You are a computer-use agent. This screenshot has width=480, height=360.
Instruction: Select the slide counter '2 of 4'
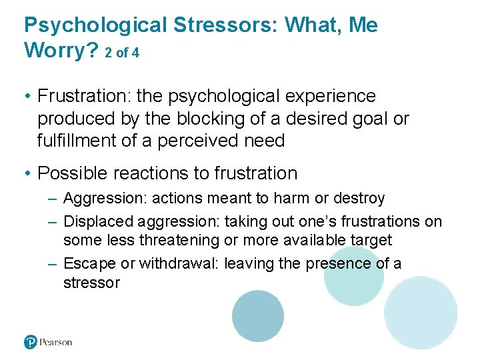pos(122,53)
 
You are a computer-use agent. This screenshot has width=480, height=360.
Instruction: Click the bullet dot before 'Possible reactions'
pos(28,174)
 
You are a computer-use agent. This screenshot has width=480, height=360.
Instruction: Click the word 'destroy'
pos(361,199)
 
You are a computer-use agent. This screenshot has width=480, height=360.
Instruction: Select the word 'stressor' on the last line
pos(91,283)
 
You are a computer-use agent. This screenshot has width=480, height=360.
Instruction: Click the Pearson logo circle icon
pos(31,342)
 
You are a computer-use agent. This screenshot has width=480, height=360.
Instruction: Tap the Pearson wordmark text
pos(56,342)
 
